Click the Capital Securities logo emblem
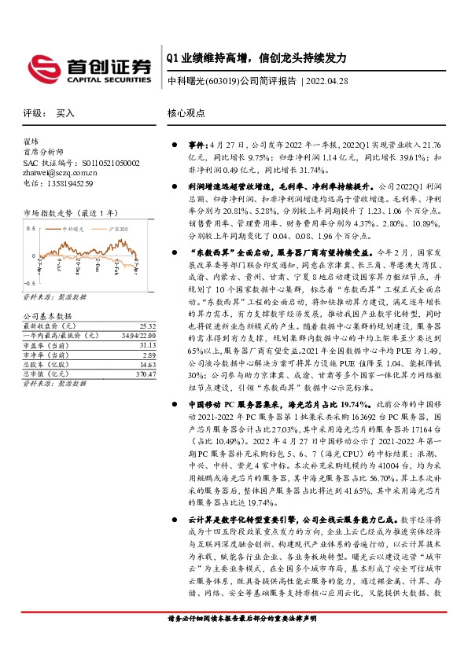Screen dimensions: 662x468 [42, 66]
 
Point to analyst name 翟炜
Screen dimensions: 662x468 [31, 142]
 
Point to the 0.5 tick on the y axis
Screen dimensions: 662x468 [31, 228]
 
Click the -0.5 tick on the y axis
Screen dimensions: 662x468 [29, 281]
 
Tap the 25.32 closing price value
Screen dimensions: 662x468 [146, 325]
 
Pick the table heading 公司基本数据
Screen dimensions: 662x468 [44, 314]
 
